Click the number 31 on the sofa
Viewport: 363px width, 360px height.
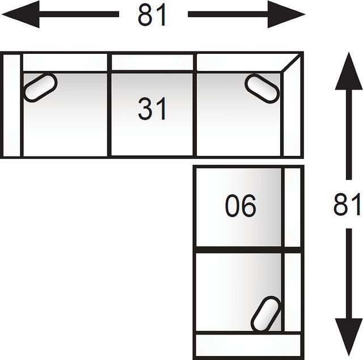click(152, 108)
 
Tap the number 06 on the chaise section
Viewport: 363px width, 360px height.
click(240, 206)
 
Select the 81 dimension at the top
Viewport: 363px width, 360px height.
click(152, 14)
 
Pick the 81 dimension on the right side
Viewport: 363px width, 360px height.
click(347, 204)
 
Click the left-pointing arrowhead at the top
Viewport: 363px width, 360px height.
click(20, 14)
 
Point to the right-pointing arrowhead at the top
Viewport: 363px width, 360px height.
click(286, 14)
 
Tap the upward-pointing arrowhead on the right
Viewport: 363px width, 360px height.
click(349, 71)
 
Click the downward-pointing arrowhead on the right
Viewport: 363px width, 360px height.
click(349, 337)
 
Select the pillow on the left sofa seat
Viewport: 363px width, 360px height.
click(40, 87)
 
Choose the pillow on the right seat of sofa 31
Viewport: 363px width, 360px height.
click(262, 88)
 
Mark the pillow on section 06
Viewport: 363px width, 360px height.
click(266, 314)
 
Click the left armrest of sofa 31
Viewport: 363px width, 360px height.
click(11, 105)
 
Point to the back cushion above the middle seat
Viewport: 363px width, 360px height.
click(152, 62)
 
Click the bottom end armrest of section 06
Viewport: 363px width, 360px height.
click(248, 345)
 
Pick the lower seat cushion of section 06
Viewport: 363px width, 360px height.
click(238, 292)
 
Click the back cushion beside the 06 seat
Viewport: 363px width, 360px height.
click(293, 207)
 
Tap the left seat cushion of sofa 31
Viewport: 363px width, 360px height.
click(65, 115)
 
